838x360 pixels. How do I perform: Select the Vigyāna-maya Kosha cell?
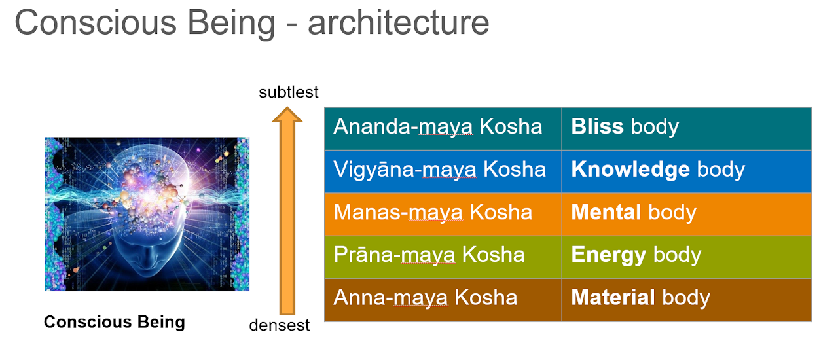(x=443, y=171)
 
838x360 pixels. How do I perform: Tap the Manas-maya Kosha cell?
(x=443, y=213)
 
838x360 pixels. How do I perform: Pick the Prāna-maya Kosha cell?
(x=443, y=256)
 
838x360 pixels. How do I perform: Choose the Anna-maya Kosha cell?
(x=443, y=299)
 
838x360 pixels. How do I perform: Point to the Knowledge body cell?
(x=686, y=171)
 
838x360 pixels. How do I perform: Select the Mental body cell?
(x=686, y=213)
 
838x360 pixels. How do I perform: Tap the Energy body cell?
(x=686, y=256)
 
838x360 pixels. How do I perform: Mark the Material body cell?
(x=686, y=299)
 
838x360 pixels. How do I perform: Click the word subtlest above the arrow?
(x=289, y=92)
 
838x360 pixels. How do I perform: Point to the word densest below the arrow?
(x=280, y=325)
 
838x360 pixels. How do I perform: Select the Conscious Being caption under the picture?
(x=115, y=322)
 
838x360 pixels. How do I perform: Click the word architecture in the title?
(x=398, y=24)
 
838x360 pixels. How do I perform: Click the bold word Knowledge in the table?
(x=630, y=170)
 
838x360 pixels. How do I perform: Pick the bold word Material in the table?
(x=613, y=298)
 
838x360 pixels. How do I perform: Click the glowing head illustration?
(x=147, y=214)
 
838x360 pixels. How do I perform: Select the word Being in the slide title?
(x=232, y=24)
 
